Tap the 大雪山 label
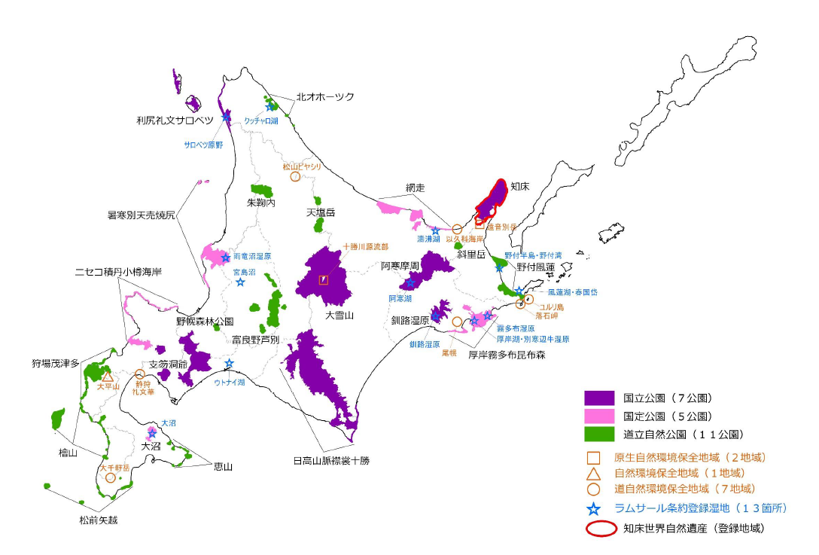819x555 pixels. (x=339, y=315)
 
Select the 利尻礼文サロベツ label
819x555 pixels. (x=175, y=120)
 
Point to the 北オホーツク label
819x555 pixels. (x=324, y=97)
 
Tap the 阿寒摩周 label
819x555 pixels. (x=400, y=266)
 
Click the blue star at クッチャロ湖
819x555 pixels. (x=269, y=107)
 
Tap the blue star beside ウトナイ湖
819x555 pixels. (x=229, y=364)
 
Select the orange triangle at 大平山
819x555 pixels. (x=108, y=376)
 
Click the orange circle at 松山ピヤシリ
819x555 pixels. (x=295, y=177)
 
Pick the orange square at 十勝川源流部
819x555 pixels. (x=324, y=279)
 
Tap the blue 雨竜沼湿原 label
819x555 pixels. (x=252, y=257)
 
